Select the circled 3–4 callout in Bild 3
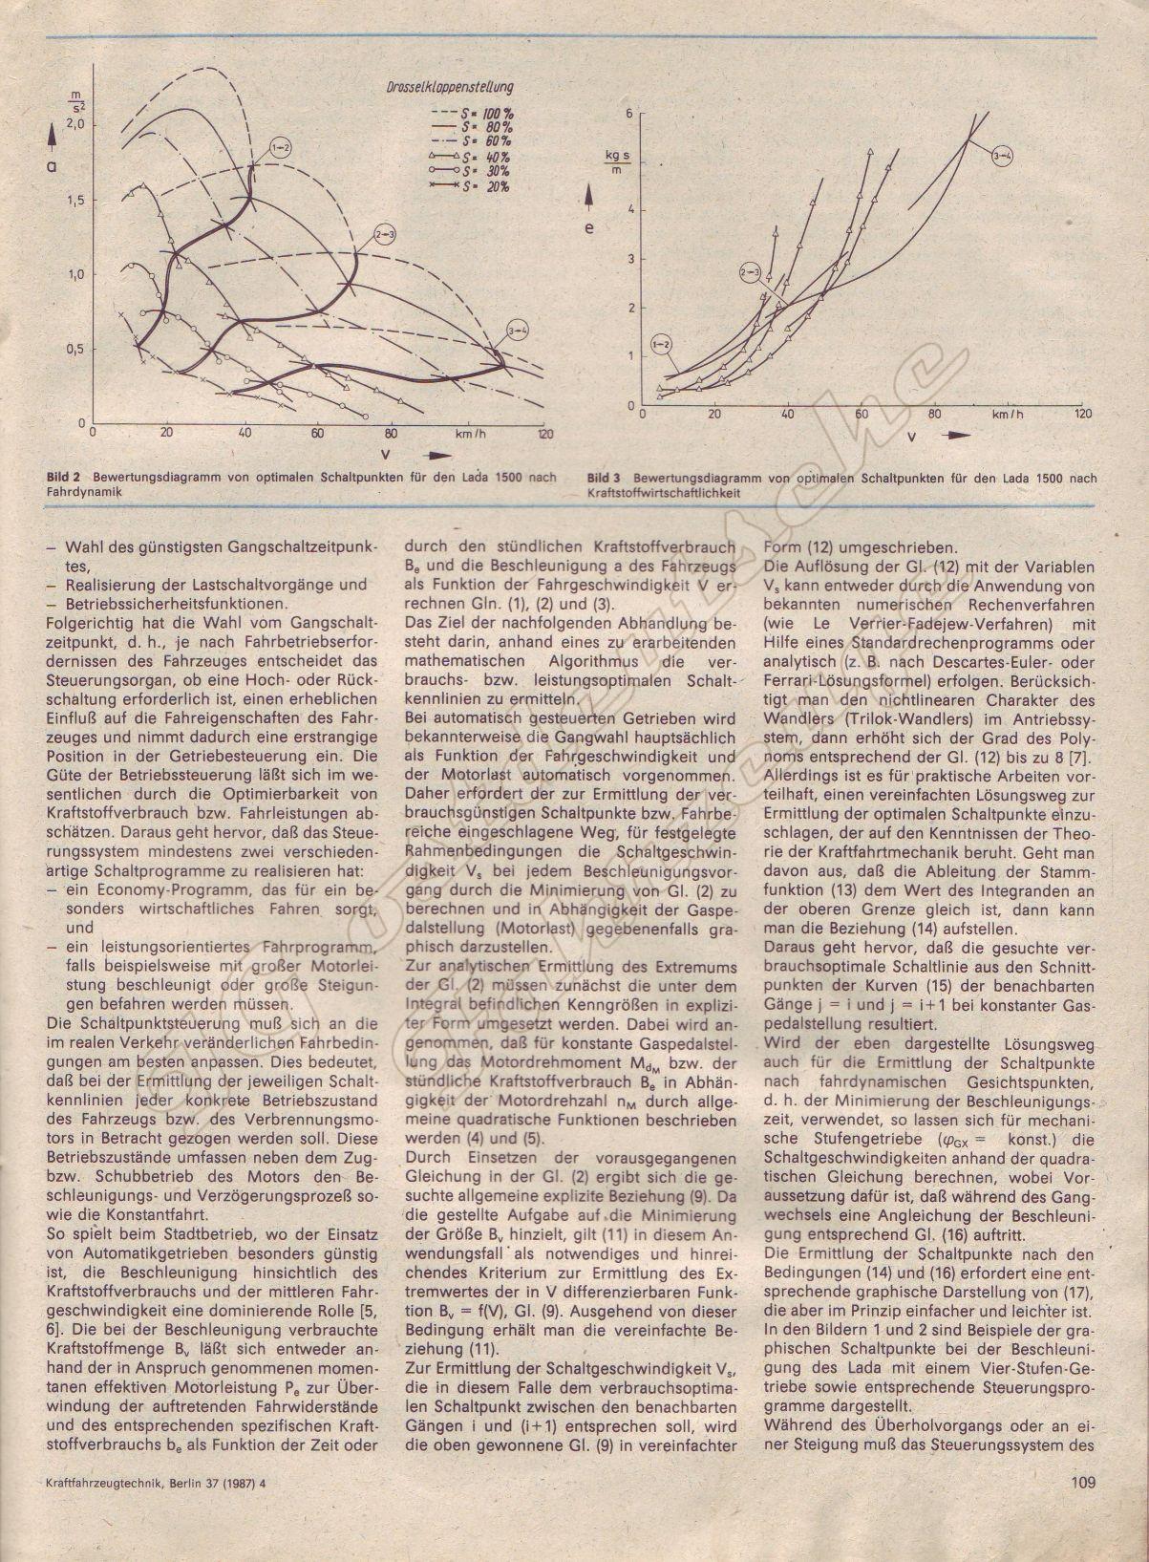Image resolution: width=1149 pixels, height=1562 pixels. (x=1002, y=155)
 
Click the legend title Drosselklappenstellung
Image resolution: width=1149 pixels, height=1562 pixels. (x=457, y=87)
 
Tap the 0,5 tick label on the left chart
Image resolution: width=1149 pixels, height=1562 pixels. (x=75, y=349)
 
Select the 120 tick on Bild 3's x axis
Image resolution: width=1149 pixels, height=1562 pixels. (x=1081, y=415)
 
